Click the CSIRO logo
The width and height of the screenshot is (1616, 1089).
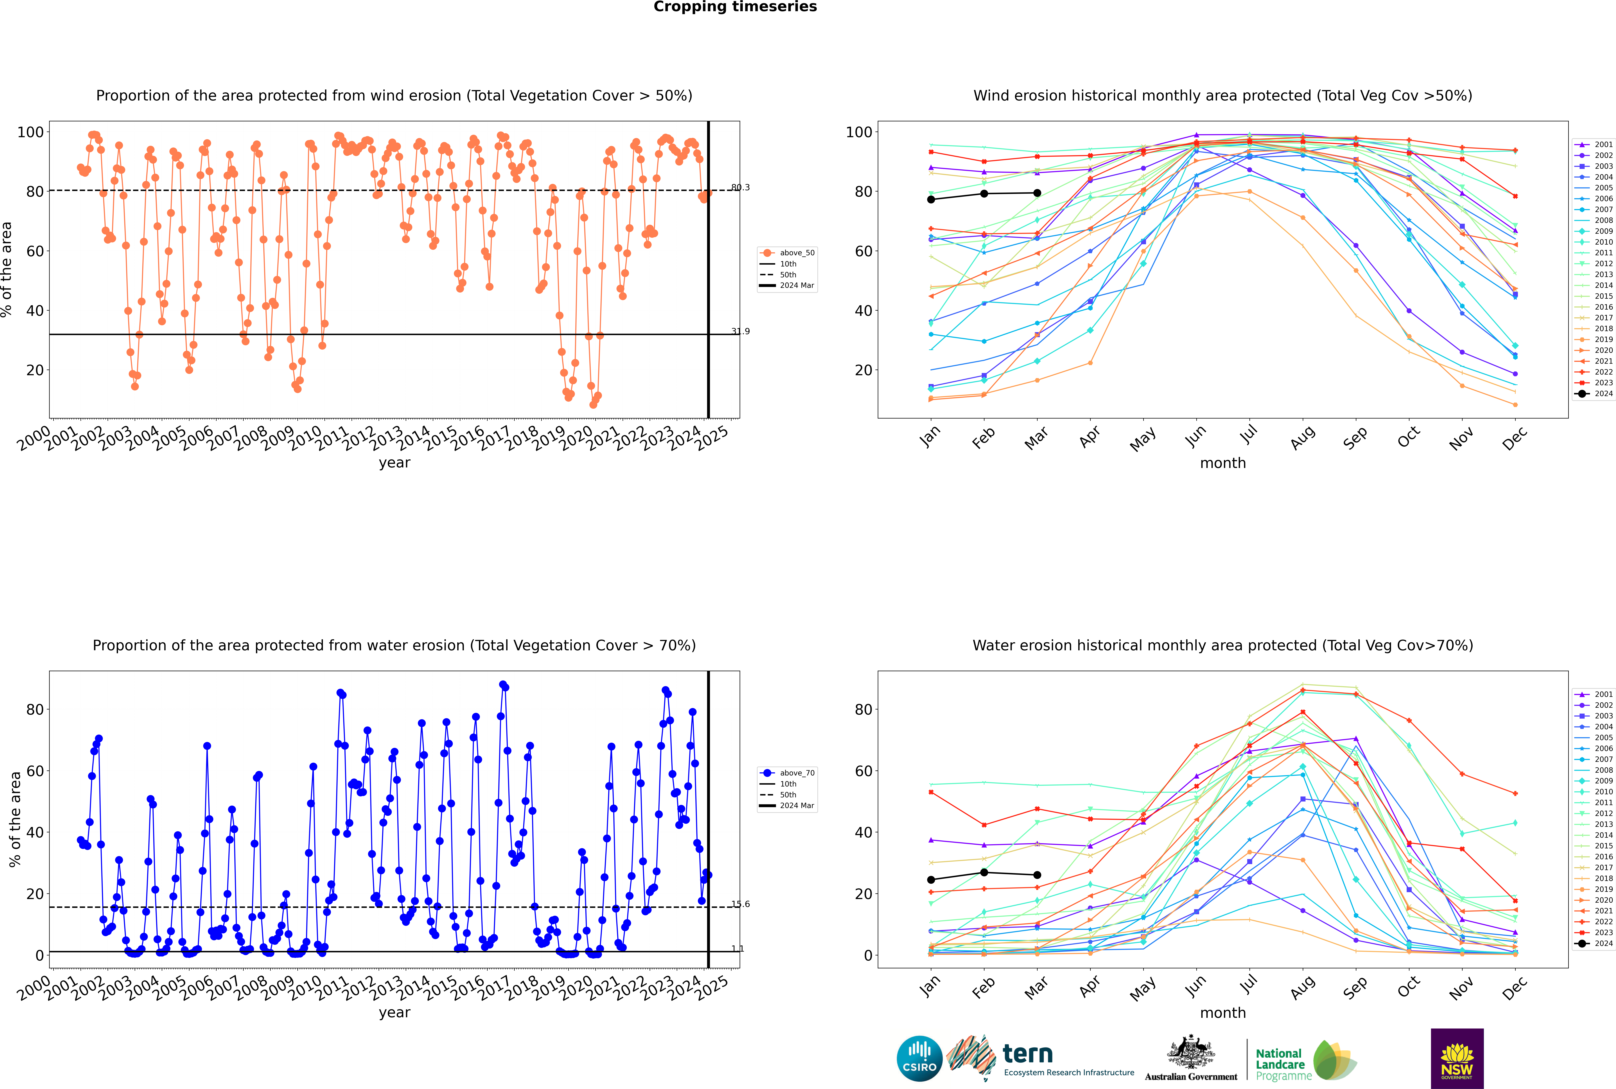click(x=919, y=1058)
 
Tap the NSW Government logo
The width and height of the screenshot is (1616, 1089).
click(x=1457, y=1058)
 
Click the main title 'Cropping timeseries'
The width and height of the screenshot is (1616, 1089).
click(x=735, y=7)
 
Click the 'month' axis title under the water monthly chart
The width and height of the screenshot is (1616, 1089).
click(x=1223, y=1013)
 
